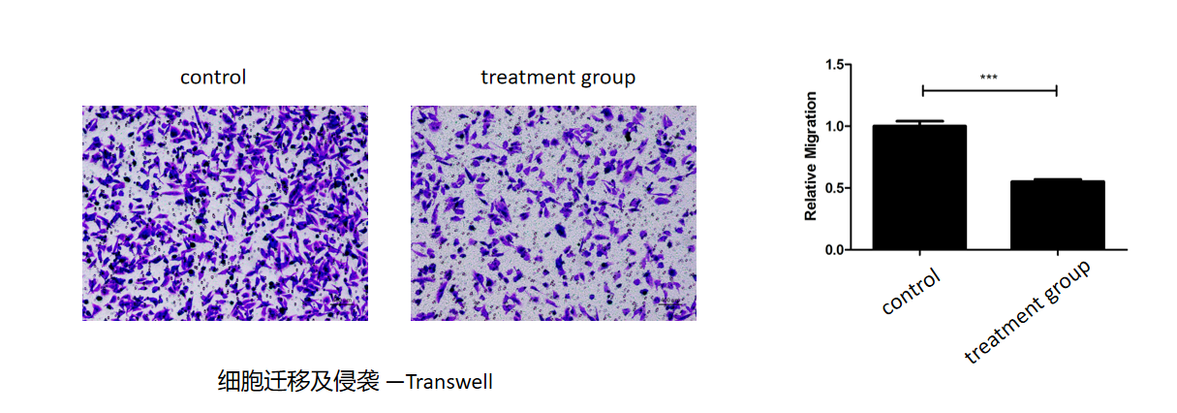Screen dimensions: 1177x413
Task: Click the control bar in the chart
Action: pos(919,187)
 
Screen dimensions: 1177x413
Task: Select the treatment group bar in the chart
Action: pos(1057,214)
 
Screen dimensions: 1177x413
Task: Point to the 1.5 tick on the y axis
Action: pos(848,65)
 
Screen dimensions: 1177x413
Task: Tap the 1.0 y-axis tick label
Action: pos(834,126)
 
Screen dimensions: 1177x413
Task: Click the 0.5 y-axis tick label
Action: pos(834,188)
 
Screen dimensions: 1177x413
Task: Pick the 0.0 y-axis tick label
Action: pos(834,250)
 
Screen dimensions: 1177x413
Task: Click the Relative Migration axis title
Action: pos(811,156)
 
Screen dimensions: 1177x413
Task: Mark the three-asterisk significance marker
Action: pos(988,78)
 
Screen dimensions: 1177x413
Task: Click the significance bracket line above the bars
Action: pos(989,90)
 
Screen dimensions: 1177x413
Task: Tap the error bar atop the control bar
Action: pos(919,122)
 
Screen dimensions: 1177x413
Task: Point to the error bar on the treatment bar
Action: pos(1057,179)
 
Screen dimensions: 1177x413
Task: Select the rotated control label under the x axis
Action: pos(912,291)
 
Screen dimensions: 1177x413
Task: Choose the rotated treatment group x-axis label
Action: pos(1028,311)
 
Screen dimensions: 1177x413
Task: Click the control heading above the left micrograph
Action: pos(213,78)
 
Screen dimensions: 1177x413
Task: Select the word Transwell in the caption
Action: pos(449,381)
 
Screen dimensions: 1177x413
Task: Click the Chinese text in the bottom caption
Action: pos(298,381)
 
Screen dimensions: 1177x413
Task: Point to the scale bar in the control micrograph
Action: pos(343,303)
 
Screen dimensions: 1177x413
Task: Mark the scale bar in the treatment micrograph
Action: pos(670,303)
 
